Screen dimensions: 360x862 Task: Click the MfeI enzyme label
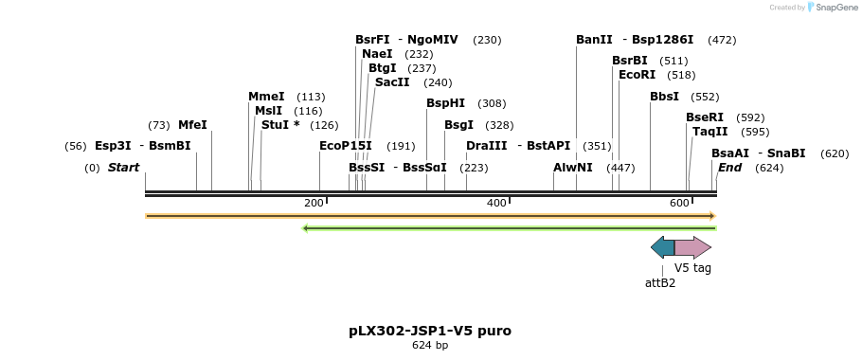tap(192, 125)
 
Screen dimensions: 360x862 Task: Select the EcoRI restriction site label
tap(637, 75)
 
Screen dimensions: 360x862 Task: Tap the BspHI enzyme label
tap(445, 103)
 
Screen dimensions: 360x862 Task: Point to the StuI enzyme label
tap(280, 125)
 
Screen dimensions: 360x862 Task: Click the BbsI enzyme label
tap(664, 97)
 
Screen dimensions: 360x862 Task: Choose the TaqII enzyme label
tap(710, 132)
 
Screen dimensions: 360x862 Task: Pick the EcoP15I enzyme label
tap(346, 146)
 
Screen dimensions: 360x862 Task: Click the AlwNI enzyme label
tap(573, 168)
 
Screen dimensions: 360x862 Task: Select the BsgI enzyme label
tap(458, 125)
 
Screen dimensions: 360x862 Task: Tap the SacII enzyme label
tap(392, 82)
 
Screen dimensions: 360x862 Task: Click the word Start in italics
tap(123, 168)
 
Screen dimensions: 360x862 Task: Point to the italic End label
tap(729, 168)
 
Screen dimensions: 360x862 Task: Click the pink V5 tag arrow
tap(692, 248)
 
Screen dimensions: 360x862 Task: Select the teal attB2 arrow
tap(663, 248)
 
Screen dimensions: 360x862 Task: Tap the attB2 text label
tap(660, 282)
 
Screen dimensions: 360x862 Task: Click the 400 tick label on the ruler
tap(496, 204)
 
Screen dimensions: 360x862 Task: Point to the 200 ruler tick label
tap(314, 204)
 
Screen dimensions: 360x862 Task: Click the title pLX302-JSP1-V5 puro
tap(430, 331)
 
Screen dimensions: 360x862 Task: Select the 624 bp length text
tap(430, 346)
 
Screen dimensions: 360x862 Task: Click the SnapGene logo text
tap(836, 8)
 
